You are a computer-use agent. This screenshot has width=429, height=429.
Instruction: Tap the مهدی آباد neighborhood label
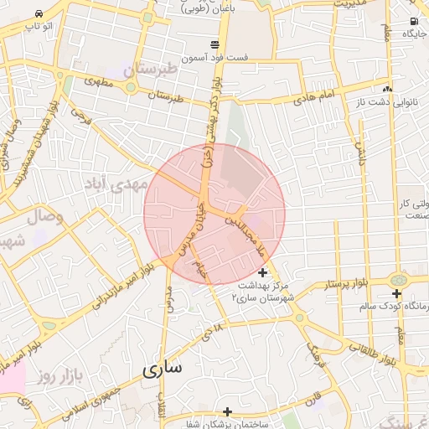(117, 183)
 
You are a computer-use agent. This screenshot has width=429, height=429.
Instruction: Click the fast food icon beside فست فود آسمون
(215, 44)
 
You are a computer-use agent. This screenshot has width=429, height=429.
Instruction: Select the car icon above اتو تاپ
(39, 14)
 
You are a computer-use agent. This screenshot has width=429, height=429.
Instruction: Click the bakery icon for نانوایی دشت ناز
(386, 89)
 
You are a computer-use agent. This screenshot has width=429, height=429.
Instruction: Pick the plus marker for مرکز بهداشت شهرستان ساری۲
(262, 272)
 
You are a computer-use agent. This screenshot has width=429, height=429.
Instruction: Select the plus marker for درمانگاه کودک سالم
(396, 293)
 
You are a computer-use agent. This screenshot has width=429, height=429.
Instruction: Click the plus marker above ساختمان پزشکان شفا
(227, 411)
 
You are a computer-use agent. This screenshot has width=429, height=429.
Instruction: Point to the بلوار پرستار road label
(344, 286)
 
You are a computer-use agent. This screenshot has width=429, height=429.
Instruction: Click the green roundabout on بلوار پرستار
(398, 279)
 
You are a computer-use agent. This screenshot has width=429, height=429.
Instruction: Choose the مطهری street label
(98, 84)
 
